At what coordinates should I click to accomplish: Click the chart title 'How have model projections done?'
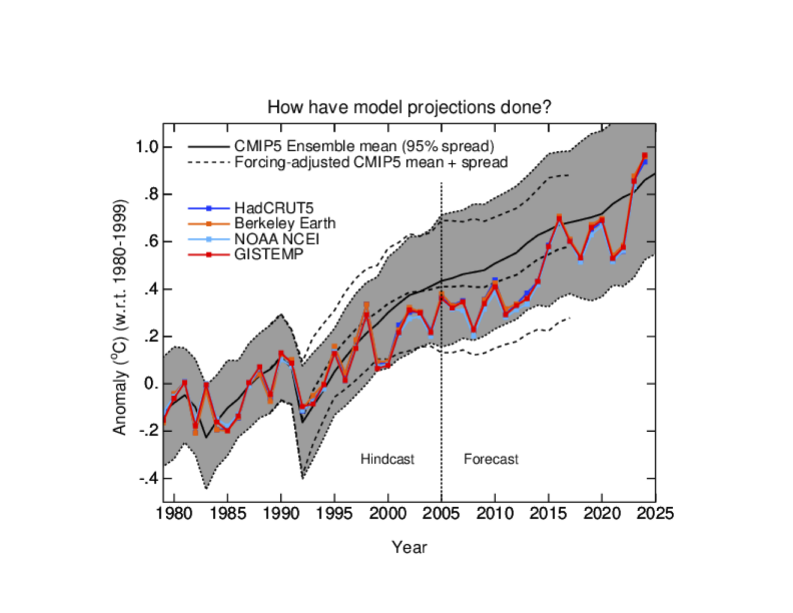click(409, 107)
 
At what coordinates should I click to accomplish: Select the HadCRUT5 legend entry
click(274, 208)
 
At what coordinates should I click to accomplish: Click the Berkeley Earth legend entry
click(284, 223)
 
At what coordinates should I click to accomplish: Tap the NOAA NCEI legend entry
click(277, 239)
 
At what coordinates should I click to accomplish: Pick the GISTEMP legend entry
click(268, 254)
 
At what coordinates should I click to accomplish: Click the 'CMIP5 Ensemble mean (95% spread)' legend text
click(364, 146)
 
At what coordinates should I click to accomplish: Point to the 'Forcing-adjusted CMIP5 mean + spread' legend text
click(371, 162)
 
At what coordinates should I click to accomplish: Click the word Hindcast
click(387, 459)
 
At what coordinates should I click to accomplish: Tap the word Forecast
click(490, 459)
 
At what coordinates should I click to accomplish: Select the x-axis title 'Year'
click(409, 547)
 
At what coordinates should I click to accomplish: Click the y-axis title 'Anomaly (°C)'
click(120, 317)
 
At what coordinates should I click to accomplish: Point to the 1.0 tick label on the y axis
click(147, 147)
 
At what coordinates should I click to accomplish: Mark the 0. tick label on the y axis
click(151, 384)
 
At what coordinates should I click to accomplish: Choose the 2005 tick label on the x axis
click(441, 514)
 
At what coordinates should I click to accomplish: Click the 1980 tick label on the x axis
click(175, 514)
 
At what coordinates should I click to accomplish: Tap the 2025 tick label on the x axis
click(655, 514)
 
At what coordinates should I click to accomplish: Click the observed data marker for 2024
click(644, 156)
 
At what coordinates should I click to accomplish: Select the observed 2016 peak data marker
click(559, 218)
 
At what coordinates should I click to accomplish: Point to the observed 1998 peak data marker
click(367, 313)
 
